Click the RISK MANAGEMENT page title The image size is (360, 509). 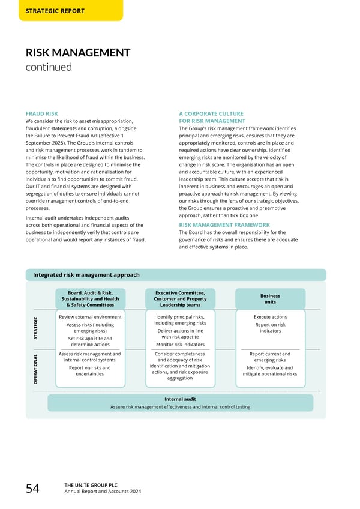pyautogui.click(x=78, y=53)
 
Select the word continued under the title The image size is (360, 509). pyautogui.click(x=48, y=67)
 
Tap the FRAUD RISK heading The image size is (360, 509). pyautogui.click(x=42, y=113)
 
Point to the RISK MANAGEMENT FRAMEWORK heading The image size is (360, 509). pyautogui.click(x=224, y=225)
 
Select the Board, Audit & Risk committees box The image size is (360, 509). pyautogui.click(x=90, y=298)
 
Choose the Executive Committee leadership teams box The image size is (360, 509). pyautogui.click(x=180, y=298)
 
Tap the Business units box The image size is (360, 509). pyautogui.click(x=270, y=298)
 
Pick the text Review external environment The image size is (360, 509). pyautogui.click(x=90, y=317)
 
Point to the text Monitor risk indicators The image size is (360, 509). pyautogui.click(x=180, y=345)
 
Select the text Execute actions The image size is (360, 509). pyautogui.click(x=270, y=317)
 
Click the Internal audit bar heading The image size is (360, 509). pyautogui.click(x=180, y=399)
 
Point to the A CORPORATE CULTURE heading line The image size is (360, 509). pyautogui.click(x=211, y=113)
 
